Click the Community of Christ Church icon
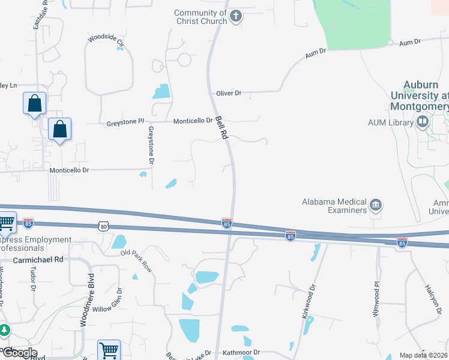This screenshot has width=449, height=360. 236,16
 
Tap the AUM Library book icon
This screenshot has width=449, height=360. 422,122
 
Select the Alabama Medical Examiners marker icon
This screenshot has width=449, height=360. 376,205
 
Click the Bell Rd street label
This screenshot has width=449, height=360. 221,127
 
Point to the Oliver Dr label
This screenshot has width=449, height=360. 229,93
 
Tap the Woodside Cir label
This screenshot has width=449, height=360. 106,40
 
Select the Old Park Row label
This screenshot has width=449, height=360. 136,260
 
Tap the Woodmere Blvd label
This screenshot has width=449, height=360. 86,299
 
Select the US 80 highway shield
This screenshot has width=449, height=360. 103,226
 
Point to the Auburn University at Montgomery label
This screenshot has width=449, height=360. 419,95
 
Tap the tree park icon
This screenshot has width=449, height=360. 4,330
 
